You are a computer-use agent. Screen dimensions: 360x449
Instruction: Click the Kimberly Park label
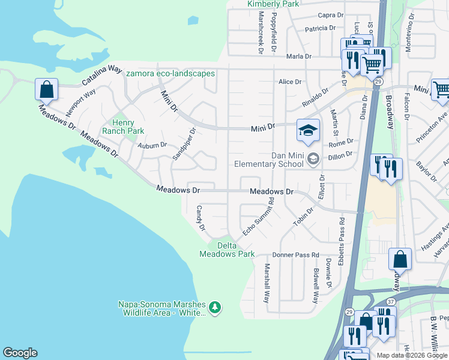coord(273,4)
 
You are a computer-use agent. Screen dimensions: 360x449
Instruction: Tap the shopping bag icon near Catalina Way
coord(46,90)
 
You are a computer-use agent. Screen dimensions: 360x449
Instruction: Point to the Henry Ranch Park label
coord(123,127)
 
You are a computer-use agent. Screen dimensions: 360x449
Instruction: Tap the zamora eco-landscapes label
coord(170,74)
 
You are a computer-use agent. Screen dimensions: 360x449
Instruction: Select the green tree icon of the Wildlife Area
coord(215,308)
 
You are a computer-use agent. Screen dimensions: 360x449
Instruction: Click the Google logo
coord(20,353)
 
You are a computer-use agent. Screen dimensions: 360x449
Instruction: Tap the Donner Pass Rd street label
coord(295,255)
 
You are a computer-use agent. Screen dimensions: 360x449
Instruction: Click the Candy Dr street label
coord(201,220)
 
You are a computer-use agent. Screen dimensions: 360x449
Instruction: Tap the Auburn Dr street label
coord(151,145)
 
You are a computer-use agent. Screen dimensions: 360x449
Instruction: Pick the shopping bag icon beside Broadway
coord(400,260)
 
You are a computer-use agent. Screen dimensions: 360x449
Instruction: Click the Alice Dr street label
coord(289,82)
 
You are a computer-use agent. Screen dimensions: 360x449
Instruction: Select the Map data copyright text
coord(412,355)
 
